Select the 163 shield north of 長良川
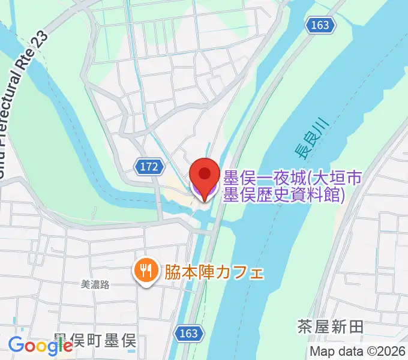320,25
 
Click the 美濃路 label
95,286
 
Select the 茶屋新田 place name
330,327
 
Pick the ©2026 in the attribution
384,352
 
